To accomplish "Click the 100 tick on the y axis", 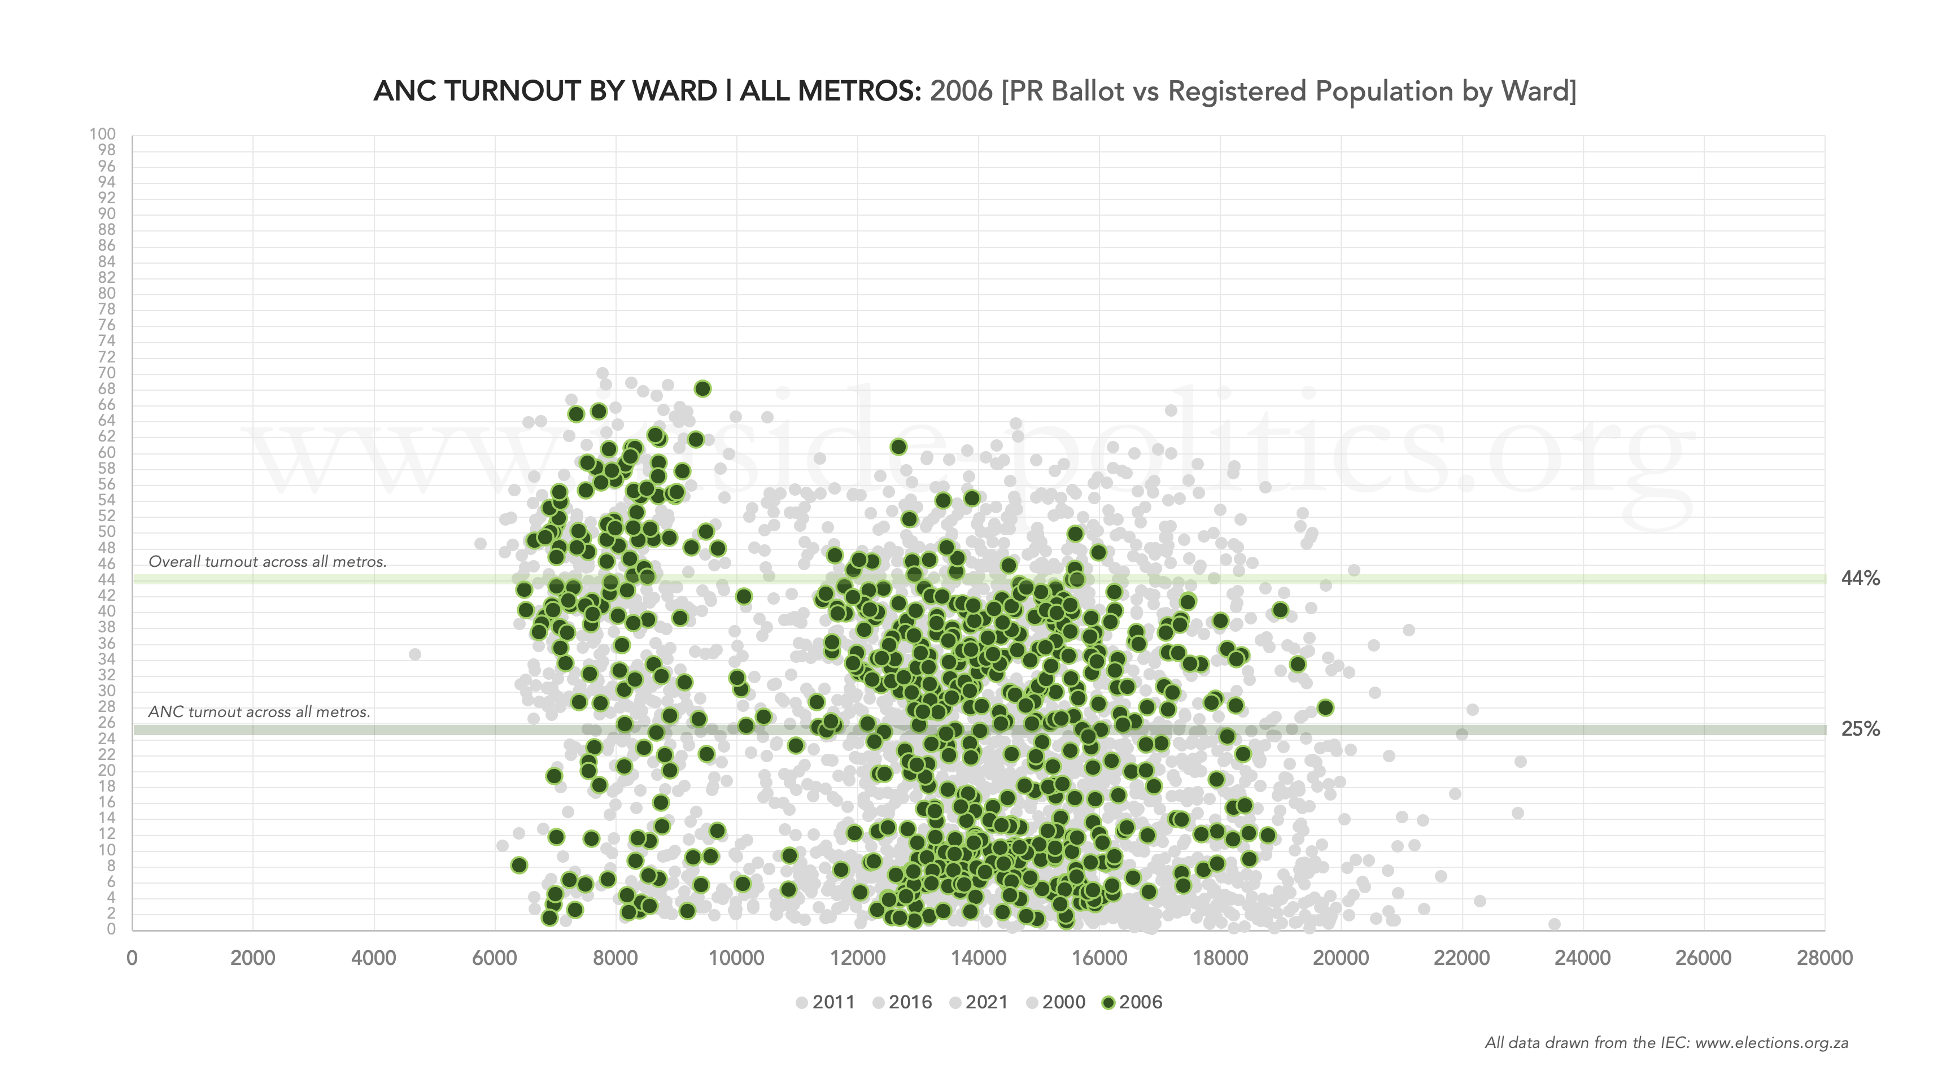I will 102,134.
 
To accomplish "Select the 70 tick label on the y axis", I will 106,373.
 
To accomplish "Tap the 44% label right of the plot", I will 1860,579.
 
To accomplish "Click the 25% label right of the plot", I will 1860,729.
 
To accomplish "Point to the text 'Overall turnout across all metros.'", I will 267,562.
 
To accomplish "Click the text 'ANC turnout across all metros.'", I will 259,712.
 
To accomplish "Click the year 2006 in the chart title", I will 961,91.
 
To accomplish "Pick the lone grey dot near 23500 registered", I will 1554,924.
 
